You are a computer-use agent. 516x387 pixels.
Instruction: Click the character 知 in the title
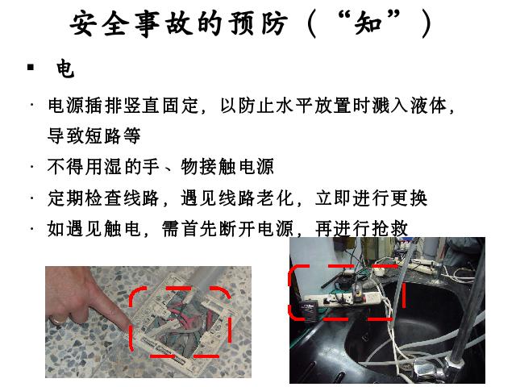point(368,23)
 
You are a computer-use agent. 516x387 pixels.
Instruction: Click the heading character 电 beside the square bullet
point(65,69)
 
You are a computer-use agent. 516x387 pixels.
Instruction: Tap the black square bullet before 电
point(31,68)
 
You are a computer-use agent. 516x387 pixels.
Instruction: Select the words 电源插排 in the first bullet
point(85,106)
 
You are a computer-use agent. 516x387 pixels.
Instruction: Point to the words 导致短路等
point(94,135)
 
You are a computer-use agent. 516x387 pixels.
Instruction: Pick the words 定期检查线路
point(103,198)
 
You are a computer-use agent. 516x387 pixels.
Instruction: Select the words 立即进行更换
point(371,198)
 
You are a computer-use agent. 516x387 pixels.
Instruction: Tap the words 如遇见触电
point(94,228)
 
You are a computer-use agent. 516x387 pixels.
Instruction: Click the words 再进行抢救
point(362,228)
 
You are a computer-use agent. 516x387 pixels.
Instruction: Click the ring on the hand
point(57,320)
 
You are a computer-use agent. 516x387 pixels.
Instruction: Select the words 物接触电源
point(227,166)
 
